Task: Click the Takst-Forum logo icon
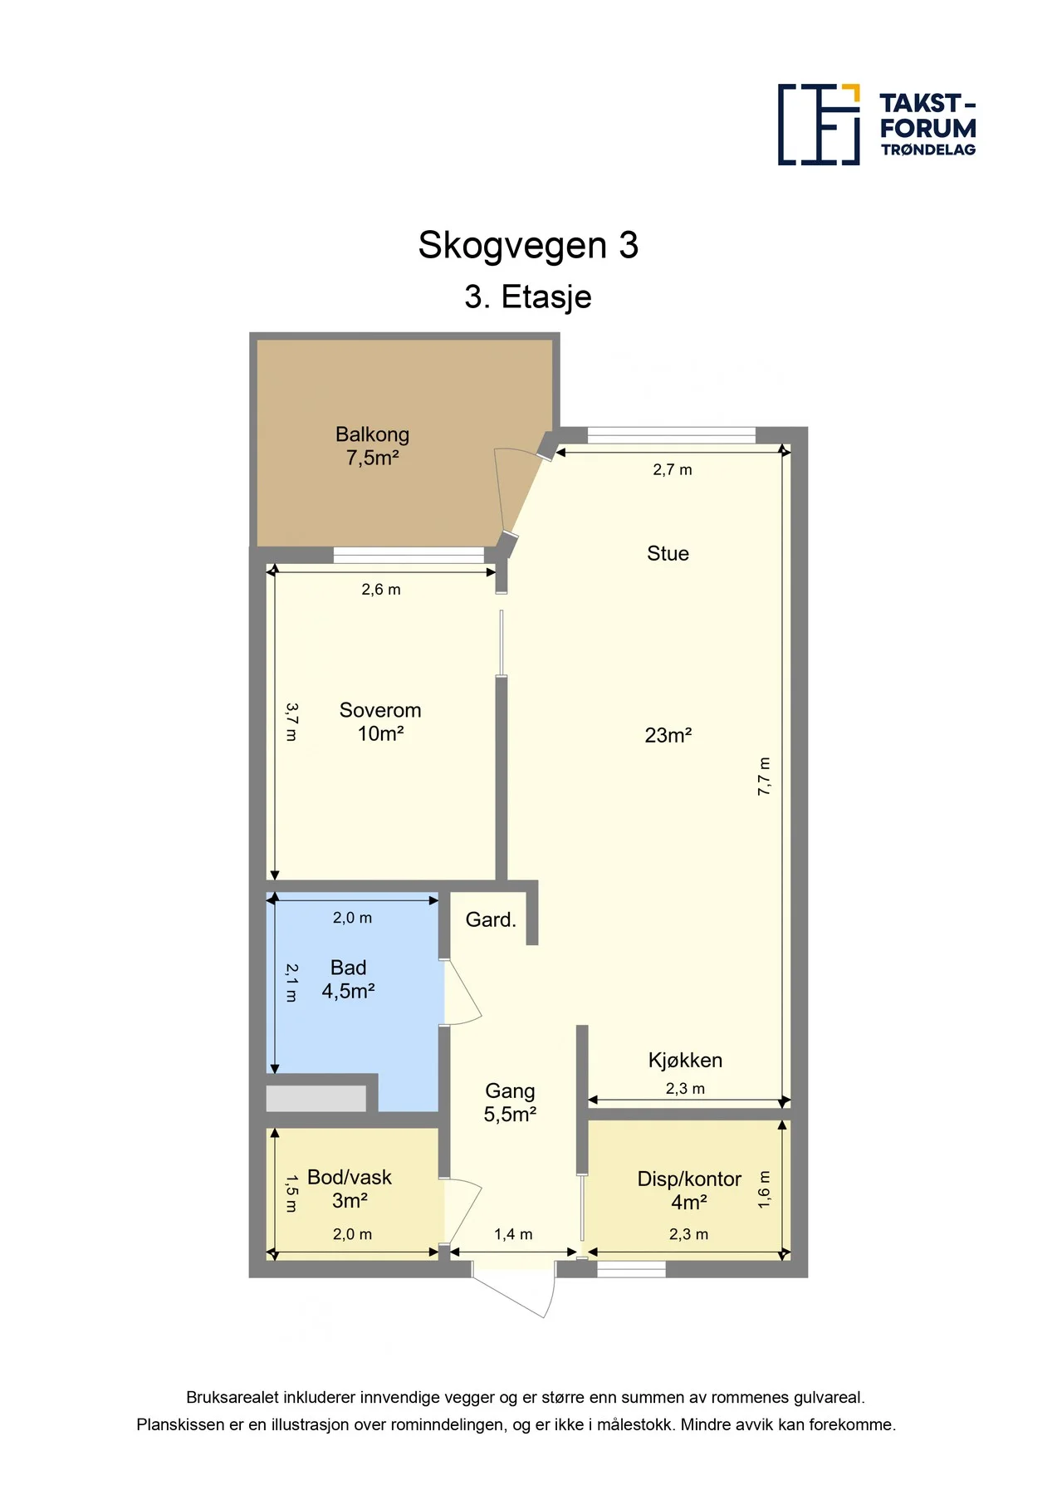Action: pos(819,125)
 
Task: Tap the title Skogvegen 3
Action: pos(528,245)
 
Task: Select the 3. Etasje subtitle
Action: pos(528,297)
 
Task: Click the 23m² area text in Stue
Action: pos(668,735)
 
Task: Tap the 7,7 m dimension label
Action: pos(764,777)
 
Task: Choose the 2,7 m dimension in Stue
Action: pos(673,469)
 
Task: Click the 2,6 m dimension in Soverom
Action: pos(381,589)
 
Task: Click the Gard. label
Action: pos(491,919)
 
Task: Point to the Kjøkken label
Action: pos(685,1060)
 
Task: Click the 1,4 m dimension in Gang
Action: pos(513,1234)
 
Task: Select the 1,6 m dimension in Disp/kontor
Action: pos(764,1189)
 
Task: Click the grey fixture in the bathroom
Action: pos(316,1098)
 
